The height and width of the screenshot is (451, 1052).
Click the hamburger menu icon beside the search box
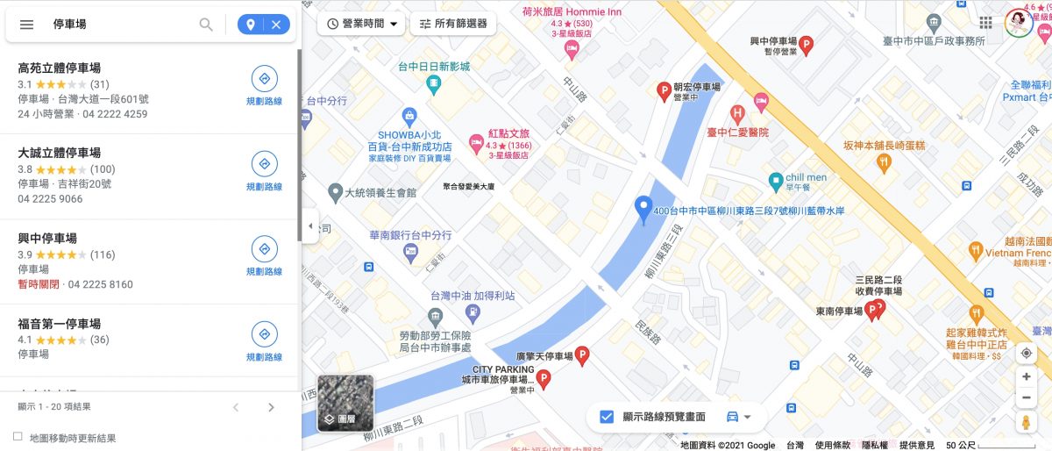pos(26,25)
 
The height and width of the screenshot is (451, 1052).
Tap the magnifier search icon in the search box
pos(206,25)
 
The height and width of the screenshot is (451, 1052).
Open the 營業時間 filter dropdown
pos(362,24)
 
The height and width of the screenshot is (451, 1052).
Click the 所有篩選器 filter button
pos(453,24)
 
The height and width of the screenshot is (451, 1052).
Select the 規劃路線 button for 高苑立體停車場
pos(264,84)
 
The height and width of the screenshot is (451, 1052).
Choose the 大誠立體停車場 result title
pos(59,153)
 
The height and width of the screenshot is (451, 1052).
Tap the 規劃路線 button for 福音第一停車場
pos(264,340)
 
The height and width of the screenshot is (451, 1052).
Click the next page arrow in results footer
pos(271,407)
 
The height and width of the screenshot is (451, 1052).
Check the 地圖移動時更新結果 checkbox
pos(18,437)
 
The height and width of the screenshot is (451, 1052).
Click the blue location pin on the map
pos(643,209)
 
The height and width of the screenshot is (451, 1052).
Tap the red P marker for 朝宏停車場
pos(665,89)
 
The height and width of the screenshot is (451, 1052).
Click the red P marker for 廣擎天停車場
pos(581,354)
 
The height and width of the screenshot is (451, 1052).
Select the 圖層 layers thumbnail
pos(345,403)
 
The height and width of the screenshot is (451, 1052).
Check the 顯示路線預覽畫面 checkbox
pos(607,417)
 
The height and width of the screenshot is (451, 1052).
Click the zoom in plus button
pos(1027,376)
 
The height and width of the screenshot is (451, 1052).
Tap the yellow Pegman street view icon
pos(1027,423)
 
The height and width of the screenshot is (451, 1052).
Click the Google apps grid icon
pos(986,23)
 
